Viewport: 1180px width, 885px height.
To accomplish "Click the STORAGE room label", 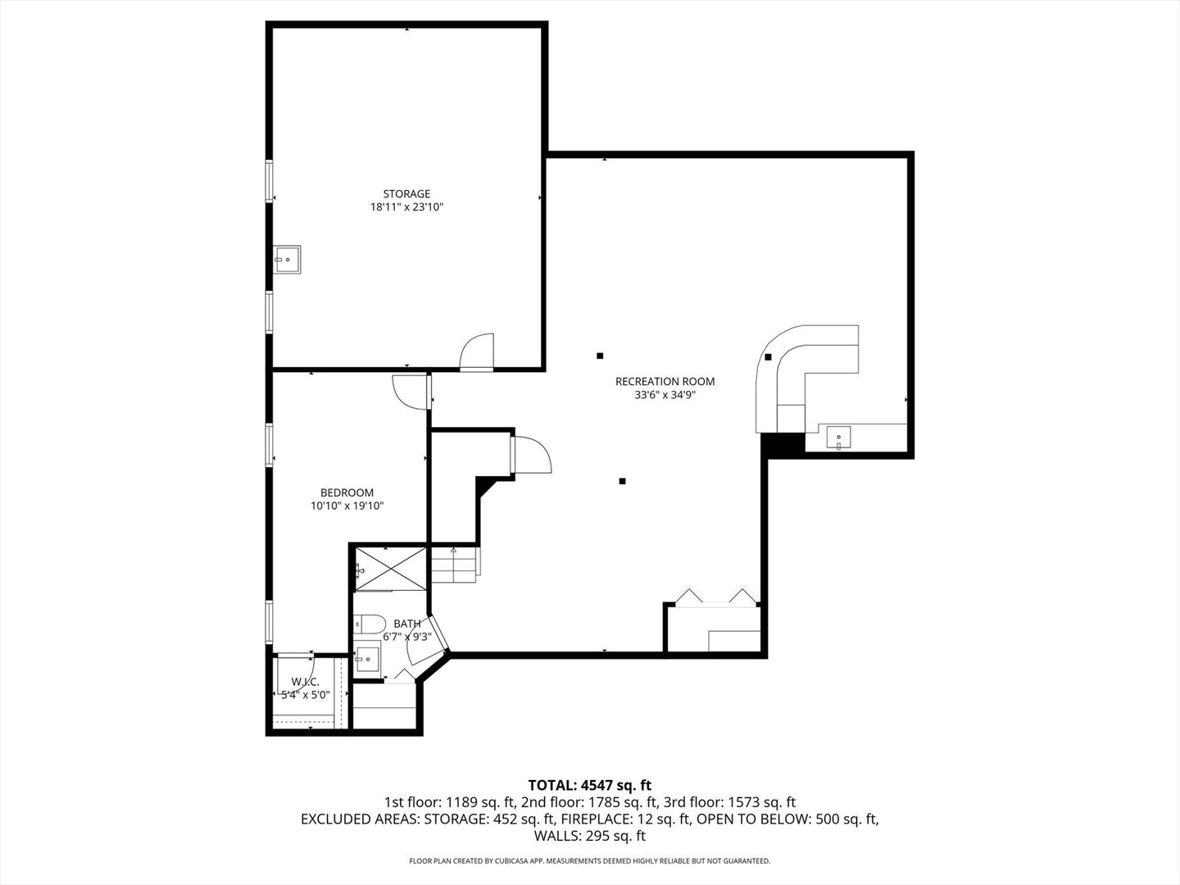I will coord(406,194).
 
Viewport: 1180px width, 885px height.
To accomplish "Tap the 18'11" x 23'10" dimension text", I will coord(406,208).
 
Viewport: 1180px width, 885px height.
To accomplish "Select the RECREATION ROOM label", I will coord(665,381).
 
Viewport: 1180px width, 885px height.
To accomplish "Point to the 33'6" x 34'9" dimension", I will coord(665,395).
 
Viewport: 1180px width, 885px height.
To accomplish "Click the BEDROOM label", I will coord(347,492).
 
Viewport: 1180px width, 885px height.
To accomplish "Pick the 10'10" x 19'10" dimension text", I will coord(347,506).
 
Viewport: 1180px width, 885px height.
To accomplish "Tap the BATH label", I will coord(406,624).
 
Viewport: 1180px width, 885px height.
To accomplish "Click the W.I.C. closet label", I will coord(305,682).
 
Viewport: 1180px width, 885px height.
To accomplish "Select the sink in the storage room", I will coord(287,259).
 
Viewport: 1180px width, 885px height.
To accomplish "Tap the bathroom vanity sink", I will coord(368,658).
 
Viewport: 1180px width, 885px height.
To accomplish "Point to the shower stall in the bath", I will coord(391,567).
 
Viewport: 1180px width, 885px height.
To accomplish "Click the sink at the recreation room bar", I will coord(838,438).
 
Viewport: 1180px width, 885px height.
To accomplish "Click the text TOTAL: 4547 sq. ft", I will coord(590,786).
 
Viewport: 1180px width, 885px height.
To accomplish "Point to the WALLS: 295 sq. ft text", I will coord(590,836).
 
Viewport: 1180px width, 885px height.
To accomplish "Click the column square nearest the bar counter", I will coord(768,356).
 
